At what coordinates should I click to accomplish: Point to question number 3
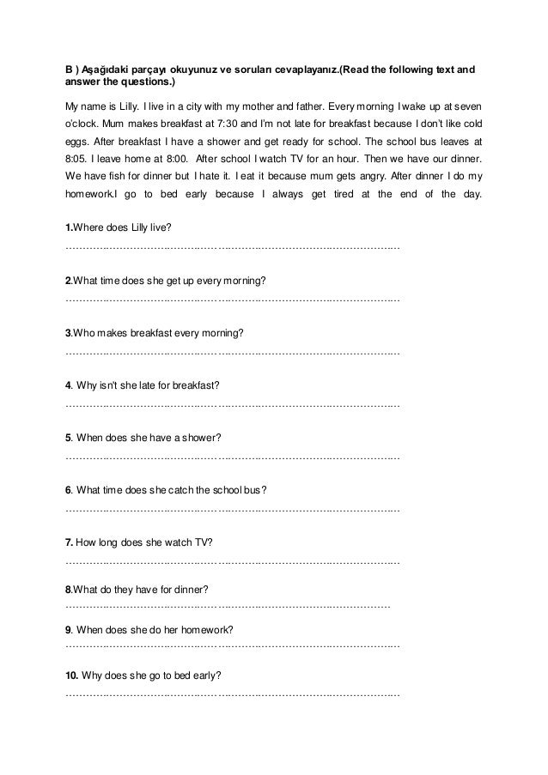(69, 334)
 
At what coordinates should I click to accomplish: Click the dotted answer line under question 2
(232, 300)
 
